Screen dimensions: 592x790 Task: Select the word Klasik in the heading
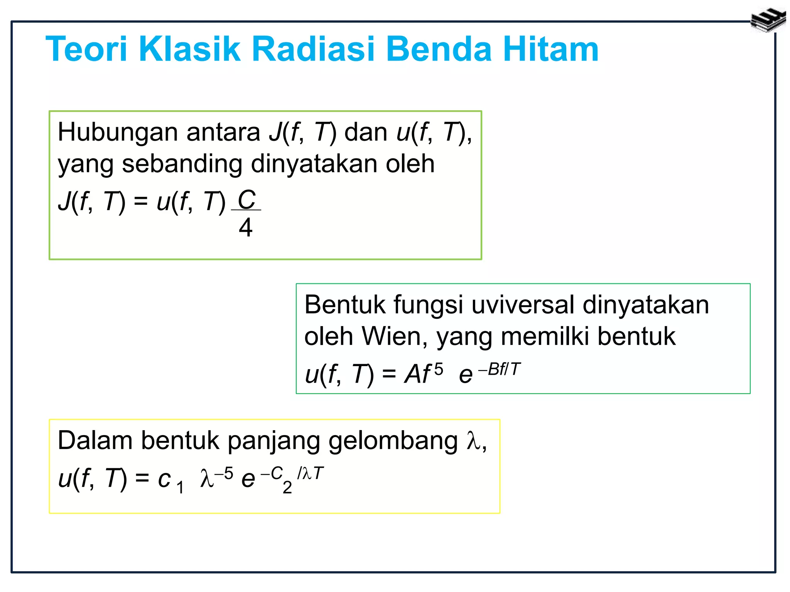(189, 49)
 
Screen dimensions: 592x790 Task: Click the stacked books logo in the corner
(768, 20)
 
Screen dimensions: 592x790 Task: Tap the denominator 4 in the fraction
(246, 227)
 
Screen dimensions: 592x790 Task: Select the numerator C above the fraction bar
(246, 200)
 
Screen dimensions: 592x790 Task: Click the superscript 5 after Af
(439, 370)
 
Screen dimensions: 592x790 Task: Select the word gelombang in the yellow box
(393, 441)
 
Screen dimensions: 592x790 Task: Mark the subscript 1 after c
(180, 488)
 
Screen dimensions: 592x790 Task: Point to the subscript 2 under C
(287, 488)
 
